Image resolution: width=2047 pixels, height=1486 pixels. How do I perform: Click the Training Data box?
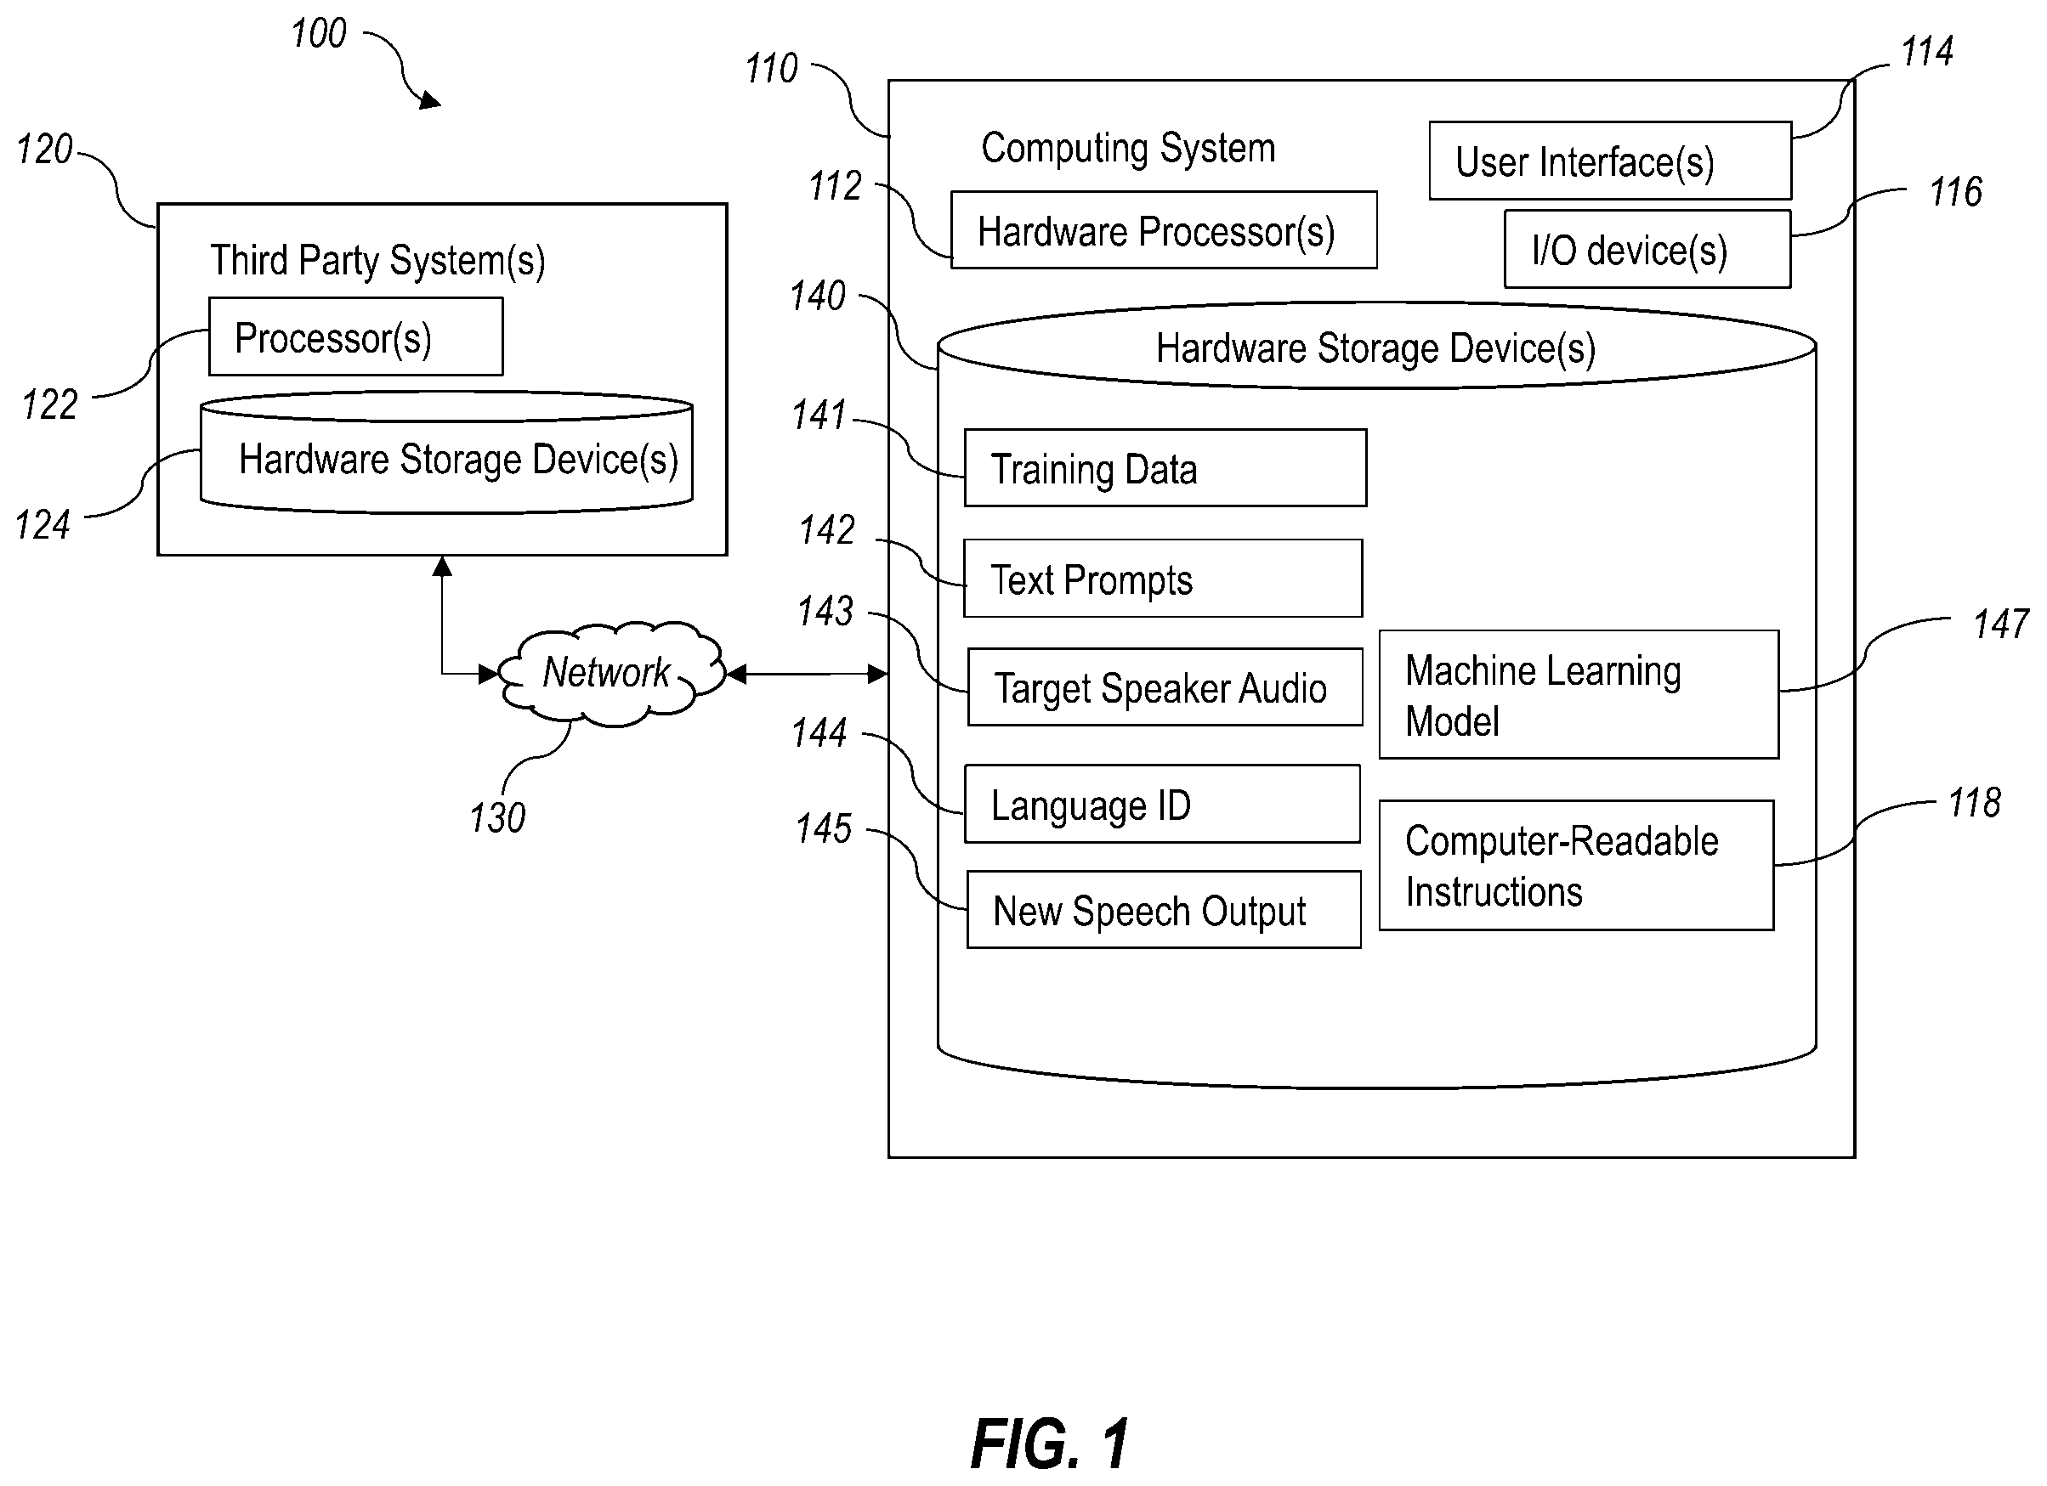[1165, 467]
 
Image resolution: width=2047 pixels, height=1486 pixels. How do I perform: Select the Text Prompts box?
[1163, 579]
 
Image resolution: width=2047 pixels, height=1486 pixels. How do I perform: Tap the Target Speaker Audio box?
[1165, 686]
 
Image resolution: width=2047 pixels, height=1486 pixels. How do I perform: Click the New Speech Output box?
[1164, 909]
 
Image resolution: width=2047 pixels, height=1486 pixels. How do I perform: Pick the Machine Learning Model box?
[1579, 694]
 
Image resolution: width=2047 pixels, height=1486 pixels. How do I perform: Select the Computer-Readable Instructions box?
[1576, 865]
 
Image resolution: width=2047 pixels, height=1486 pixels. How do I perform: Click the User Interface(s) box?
[1610, 161]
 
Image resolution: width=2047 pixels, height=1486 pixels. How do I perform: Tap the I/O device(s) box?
[1647, 249]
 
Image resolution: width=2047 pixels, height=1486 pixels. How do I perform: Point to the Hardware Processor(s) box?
[1164, 230]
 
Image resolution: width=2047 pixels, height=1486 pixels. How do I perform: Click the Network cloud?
[611, 673]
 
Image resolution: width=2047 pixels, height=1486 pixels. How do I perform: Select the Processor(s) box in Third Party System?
[355, 336]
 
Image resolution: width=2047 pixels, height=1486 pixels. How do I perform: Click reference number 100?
[319, 33]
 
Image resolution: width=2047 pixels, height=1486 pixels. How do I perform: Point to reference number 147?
[2001, 624]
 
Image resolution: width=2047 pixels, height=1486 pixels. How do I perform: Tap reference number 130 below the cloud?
[497, 818]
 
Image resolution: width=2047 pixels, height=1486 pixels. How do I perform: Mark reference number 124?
[43, 525]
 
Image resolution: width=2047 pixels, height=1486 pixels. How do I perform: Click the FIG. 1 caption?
[1050, 1444]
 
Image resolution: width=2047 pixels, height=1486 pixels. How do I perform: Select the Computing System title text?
[1128, 148]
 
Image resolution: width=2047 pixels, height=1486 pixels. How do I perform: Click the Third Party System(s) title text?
[378, 261]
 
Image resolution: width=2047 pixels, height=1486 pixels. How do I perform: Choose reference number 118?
[1974, 803]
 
